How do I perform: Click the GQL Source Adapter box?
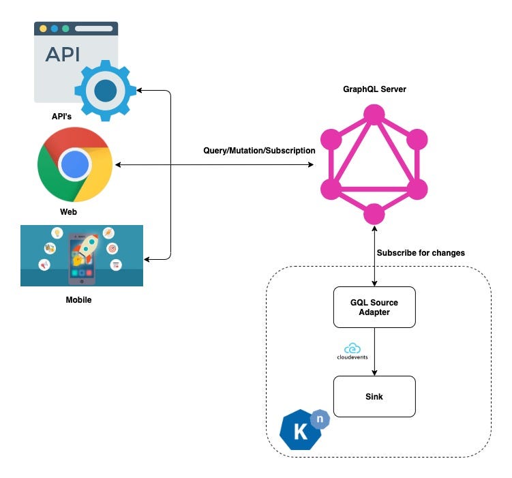[x=374, y=307]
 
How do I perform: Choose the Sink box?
[x=374, y=396]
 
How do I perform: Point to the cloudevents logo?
[x=352, y=351]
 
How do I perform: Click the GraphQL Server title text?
[x=374, y=89]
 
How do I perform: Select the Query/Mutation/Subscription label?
[x=259, y=150]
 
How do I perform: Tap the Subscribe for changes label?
[x=421, y=253]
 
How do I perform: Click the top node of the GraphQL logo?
[x=373, y=114]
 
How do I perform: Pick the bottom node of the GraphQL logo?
[x=373, y=214]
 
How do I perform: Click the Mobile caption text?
[x=78, y=299]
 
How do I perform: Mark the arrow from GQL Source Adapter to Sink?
[x=374, y=351]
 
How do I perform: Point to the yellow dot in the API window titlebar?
[x=43, y=29]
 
